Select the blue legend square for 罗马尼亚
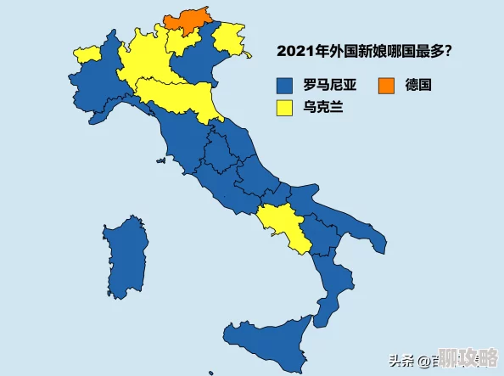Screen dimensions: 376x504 click(284, 85)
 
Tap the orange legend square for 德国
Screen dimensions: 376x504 click(387, 85)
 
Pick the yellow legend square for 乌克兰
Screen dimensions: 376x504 click(284, 108)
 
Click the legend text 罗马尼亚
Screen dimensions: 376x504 click(326, 85)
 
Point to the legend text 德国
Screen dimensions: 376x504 click(419, 85)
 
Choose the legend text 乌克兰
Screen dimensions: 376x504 click(318, 108)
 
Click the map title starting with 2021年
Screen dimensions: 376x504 click(364, 51)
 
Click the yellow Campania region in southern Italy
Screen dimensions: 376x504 click(283, 225)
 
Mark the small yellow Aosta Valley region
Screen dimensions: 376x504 click(87, 55)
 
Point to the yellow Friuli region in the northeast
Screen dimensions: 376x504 click(229, 39)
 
